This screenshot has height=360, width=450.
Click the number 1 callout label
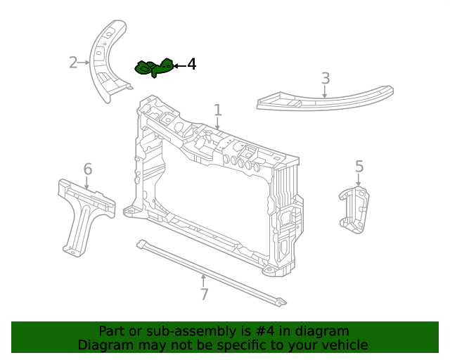pyautogui.click(x=218, y=110)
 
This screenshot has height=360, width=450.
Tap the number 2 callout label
pyautogui.click(x=73, y=63)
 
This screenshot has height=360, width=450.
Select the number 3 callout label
pyautogui.click(x=325, y=77)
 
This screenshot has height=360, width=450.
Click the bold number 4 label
pyautogui.click(x=191, y=65)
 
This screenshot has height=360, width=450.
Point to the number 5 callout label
pyautogui.click(x=359, y=167)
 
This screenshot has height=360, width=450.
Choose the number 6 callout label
pyautogui.click(x=88, y=169)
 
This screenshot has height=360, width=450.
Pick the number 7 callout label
pyautogui.click(x=204, y=295)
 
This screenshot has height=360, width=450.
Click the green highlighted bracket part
pyautogui.click(x=154, y=67)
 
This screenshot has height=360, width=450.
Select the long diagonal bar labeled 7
pyautogui.click(x=211, y=274)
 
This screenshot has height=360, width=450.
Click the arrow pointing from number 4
pyautogui.click(x=179, y=65)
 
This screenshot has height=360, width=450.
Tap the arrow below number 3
pyautogui.click(x=325, y=91)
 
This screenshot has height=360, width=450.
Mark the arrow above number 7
pyautogui.click(x=204, y=280)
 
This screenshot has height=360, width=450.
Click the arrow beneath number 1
pyautogui.click(x=218, y=124)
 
